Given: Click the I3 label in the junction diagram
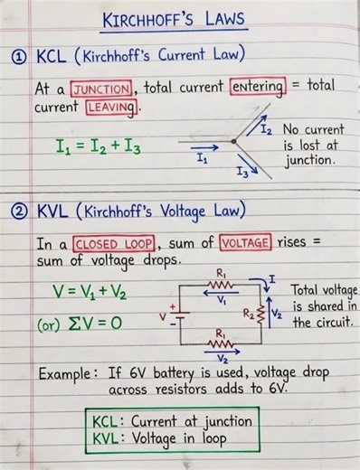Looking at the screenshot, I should coord(242,169).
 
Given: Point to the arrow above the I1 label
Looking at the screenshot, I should coord(203,143).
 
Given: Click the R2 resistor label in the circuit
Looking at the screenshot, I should coord(247,314).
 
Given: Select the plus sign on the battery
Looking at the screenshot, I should coord(173,307).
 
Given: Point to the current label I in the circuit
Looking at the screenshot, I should coord(274,270).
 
